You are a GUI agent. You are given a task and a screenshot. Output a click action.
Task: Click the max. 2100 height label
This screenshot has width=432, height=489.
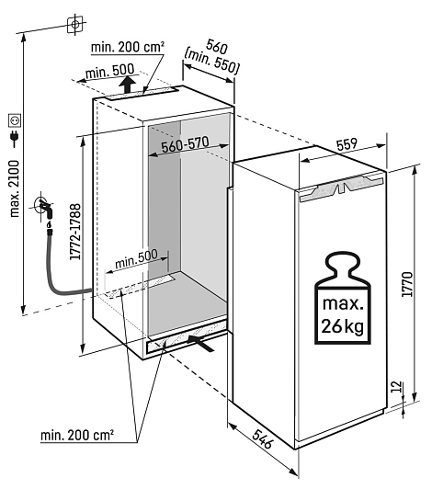pos(15,188)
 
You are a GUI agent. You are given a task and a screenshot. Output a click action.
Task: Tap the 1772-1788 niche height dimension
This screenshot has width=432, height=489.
pos(75,232)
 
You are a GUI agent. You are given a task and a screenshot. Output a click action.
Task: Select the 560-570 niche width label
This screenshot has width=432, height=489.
pos(185,144)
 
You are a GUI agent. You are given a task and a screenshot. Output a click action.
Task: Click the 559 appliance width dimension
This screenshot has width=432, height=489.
pos(347,144)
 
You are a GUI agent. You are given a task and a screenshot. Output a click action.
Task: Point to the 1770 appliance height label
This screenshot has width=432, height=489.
pos(407,284)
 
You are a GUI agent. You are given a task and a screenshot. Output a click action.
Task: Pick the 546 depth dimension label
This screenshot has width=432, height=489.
pos(263,438)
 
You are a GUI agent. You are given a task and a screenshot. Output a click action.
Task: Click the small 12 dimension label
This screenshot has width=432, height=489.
pos(397,387)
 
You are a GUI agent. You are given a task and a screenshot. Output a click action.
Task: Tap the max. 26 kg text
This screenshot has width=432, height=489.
pos(343,315)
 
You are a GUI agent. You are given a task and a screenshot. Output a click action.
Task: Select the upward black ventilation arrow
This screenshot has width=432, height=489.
pos(128,85)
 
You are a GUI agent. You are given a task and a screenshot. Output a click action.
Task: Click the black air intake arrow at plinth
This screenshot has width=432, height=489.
pos(201,344)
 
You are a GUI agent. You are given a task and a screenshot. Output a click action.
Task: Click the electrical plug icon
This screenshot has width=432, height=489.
pos(15,138)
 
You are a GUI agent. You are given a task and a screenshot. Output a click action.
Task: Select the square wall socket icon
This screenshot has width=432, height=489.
pos(15,120)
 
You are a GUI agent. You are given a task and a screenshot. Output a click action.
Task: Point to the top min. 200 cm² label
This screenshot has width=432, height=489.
pos(128,47)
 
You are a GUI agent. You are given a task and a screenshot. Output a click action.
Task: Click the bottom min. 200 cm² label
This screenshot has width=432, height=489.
pos(77,435)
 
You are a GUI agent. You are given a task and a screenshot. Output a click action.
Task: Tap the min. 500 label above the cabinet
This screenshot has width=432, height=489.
pos(109,72)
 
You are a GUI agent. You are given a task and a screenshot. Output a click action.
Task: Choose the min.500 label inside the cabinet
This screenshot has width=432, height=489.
pos(136,259)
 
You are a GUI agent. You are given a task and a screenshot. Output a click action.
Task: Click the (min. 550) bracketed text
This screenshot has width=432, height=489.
pos(212,61)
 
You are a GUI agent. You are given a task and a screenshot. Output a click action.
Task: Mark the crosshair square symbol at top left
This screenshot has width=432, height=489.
pos(75,24)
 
